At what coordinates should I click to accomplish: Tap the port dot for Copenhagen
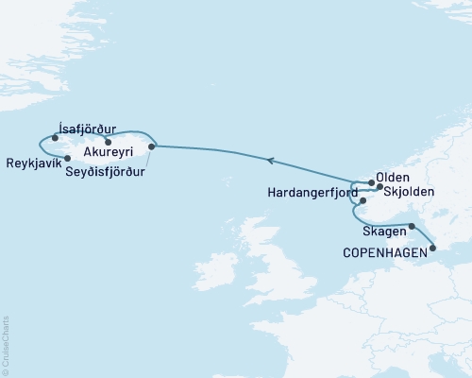(433, 249)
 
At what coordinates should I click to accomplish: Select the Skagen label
(382, 232)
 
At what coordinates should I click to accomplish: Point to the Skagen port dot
(412, 226)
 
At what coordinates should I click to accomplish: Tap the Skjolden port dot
(379, 187)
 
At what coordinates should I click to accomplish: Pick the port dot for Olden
(370, 182)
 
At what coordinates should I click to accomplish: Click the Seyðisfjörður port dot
(152, 146)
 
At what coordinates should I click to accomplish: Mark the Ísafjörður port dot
(56, 138)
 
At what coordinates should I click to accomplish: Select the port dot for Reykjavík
(67, 158)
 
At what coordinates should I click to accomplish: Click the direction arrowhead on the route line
(270, 161)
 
